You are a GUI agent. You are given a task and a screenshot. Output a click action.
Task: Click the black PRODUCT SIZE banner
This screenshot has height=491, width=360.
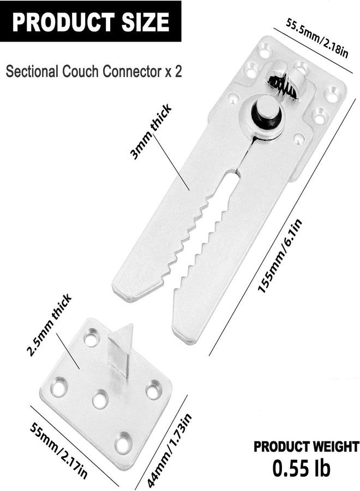91,21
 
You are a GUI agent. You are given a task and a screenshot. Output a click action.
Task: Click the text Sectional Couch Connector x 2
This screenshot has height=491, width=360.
94,71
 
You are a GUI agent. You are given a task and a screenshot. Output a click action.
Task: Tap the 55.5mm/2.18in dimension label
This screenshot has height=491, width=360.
317,38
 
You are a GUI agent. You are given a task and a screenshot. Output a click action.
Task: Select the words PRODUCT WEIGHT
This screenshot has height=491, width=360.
306,446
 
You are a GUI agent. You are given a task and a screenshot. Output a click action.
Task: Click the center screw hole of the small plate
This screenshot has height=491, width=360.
100,399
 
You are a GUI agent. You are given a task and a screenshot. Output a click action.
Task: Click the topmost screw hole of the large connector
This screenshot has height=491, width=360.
265,50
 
